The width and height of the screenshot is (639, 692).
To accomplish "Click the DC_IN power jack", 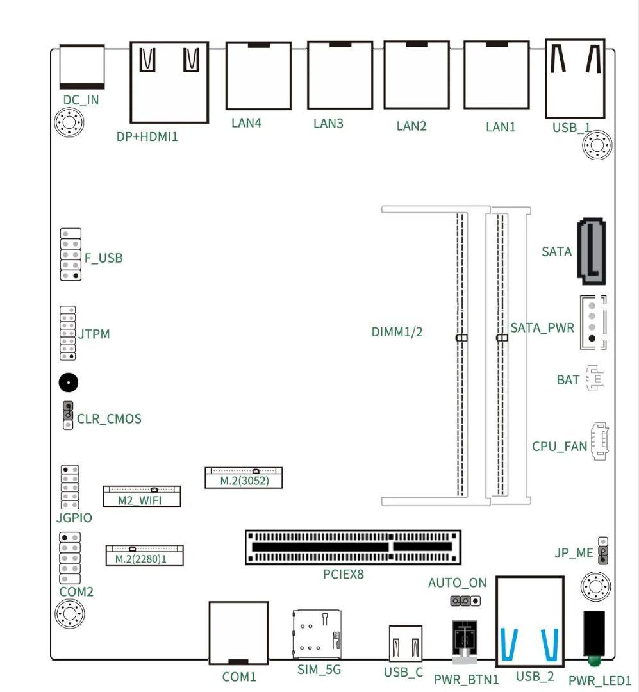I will point(81,67).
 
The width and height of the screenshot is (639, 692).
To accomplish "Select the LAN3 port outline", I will point(340,76).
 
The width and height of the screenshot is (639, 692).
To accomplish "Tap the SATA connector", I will point(592,251).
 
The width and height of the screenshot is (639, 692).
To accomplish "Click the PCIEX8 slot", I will point(353,547).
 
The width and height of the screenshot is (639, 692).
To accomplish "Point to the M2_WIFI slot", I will point(142,496).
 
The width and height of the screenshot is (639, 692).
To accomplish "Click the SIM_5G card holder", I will point(317,634).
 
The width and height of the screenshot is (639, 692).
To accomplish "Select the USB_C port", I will point(406,643).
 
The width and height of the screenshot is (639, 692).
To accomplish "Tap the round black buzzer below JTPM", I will point(69,383).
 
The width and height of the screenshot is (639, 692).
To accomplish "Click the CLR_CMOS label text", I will point(109,420).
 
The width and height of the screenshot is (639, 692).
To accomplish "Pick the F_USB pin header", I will point(71,254).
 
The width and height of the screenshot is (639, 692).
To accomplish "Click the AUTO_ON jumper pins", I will point(465,602).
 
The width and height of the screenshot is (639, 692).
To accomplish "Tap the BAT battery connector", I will point(595,379).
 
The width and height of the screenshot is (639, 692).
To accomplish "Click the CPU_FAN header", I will point(599,441).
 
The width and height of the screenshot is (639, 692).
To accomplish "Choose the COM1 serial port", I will point(238,632).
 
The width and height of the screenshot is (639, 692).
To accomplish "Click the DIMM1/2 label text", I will point(397,332).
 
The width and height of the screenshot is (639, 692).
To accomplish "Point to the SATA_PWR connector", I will point(593,322).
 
